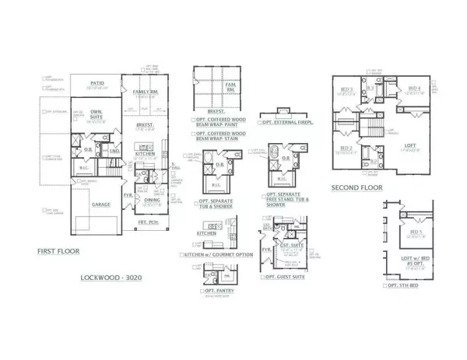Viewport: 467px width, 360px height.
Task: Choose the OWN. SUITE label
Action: [x=97, y=111]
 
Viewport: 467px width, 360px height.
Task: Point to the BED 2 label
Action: [x=345, y=147]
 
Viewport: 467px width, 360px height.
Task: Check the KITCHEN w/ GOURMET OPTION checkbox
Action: [x=182, y=254]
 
